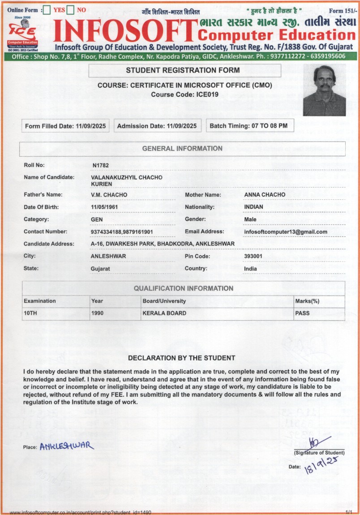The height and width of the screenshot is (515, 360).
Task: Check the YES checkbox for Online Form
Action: pos(46,10)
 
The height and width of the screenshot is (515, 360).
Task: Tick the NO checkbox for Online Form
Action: pos(70,10)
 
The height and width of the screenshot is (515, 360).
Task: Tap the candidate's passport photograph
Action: pos(324,90)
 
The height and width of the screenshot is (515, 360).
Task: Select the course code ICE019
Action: pos(184,94)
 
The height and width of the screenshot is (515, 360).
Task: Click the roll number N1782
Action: pos(101,165)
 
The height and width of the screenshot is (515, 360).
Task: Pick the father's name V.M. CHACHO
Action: pos(109,195)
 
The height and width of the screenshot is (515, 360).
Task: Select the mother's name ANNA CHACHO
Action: pos(265,195)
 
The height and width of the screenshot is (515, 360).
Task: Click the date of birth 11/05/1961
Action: pos(106,207)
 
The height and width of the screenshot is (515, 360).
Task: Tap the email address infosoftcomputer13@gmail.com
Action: pos(286,232)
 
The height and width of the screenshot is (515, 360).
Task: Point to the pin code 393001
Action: pos(253,256)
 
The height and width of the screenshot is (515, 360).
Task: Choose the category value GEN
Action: pos(97,219)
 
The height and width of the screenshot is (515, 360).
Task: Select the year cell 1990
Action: pos(97,313)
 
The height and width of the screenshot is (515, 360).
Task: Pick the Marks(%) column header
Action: pos(307,301)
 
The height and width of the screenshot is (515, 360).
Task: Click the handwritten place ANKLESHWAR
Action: pos(67,446)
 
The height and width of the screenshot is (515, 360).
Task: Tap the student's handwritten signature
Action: pos(318,442)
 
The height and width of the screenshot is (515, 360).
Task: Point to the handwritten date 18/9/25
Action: pos(320,466)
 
